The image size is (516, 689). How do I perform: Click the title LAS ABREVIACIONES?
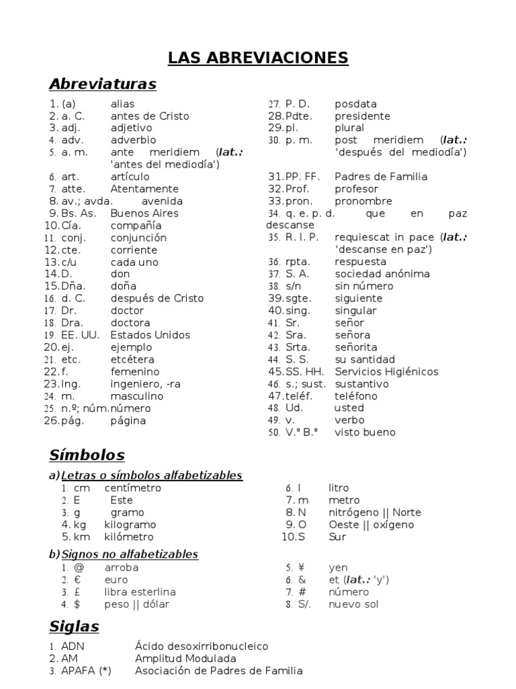[x=258, y=58]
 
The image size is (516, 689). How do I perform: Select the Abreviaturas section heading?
[x=102, y=84]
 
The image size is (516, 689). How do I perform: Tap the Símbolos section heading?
[x=87, y=455]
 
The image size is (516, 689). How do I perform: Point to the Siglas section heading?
[x=74, y=626]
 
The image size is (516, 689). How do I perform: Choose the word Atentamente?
[x=144, y=189]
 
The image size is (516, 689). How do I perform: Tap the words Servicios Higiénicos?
[x=386, y=371]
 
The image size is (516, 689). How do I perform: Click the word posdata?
[x=355, y=104]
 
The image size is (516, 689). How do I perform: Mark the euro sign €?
[x=77, y=580]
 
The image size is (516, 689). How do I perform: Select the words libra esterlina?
[x=140, y=592]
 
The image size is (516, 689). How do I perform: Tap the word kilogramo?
[x=130, y=525]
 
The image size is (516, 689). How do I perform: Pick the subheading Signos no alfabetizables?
[x=130, y=554]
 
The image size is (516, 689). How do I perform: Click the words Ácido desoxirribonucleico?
[x=201, y=647]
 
